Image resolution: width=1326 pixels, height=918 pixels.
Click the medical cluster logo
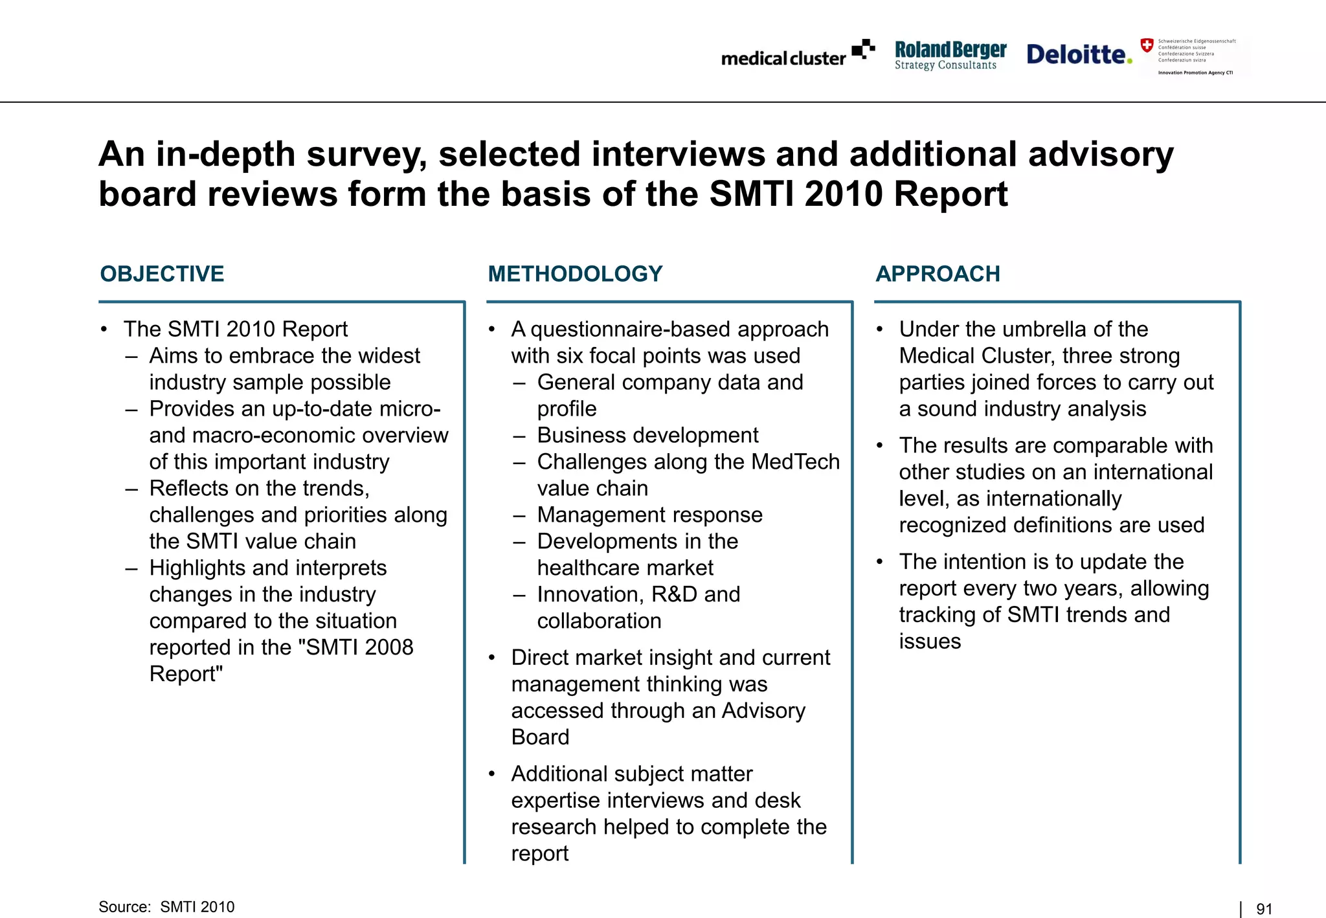point(798,54)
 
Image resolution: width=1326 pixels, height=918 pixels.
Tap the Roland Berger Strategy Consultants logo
point(950,55)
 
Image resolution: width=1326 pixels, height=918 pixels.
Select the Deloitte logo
point(1079,54)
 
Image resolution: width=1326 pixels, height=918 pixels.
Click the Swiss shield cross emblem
point(1147,45)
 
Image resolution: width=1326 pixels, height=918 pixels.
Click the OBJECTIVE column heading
point(162,274)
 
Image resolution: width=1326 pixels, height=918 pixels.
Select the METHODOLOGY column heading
point(575,274)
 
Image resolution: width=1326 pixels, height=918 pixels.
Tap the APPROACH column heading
point(938,274)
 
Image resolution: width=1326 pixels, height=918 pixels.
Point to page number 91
point(1264,909)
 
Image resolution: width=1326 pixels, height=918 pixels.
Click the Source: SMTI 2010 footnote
point(166,907)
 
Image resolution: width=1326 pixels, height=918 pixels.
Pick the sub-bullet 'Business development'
point(647,435)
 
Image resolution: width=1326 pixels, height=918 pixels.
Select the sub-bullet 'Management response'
point(649,515)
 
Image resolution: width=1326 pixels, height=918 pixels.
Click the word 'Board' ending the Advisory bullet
point(540,737)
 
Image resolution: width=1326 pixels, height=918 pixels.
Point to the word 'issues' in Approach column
point(930,641)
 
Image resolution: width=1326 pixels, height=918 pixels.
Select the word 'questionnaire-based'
point(631,329)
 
